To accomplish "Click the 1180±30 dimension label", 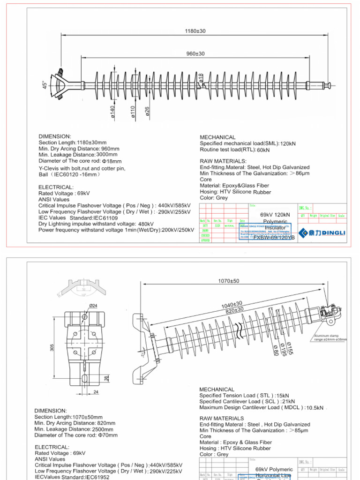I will tap(195, 31).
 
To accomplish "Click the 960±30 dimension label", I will tap(195, 54).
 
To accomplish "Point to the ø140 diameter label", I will tap(113, 112).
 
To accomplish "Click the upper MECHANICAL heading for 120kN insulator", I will tap(217, 137).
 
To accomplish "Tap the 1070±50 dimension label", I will tap(229, 281).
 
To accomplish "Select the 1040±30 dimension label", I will tap(232, 306).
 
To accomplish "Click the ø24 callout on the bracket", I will tap(94, 306).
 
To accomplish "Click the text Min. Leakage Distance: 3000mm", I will tap(78, 155).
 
